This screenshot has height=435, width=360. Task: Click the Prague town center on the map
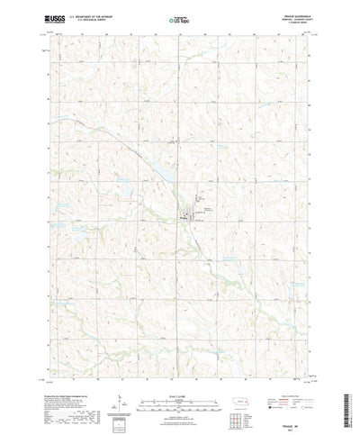(x=188, y=213)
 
